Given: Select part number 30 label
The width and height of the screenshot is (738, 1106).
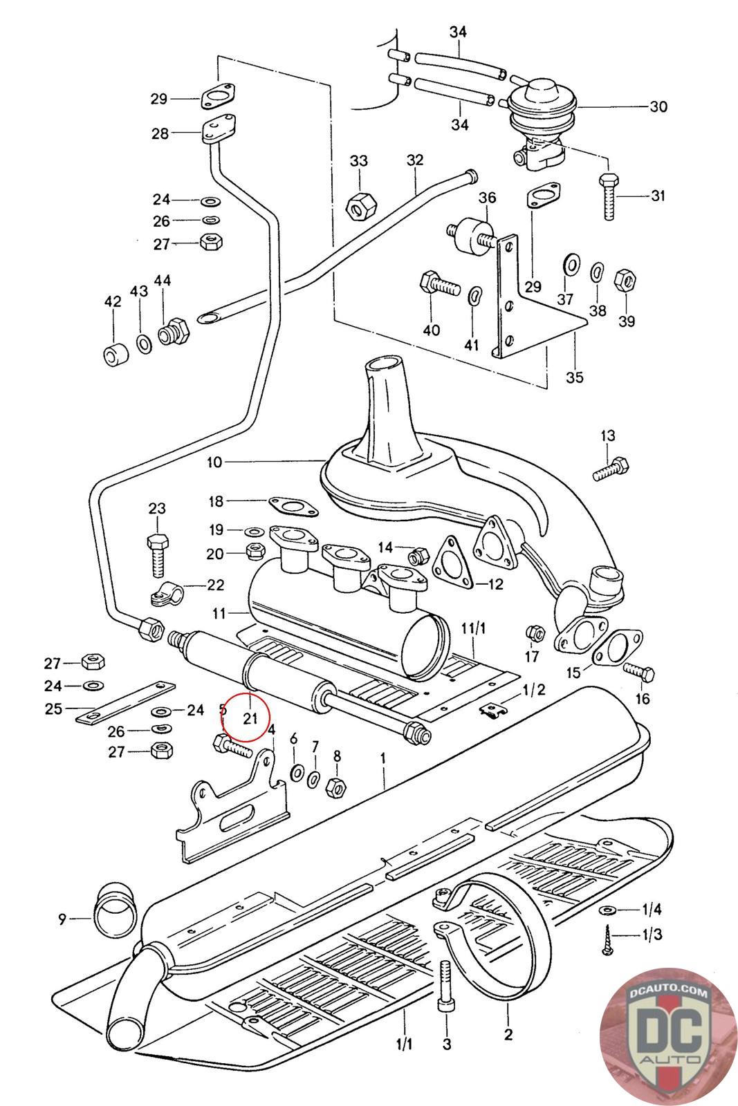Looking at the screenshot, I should click(x=658, y=106).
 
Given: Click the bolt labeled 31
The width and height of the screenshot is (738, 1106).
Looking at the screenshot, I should click(x=608, y=198).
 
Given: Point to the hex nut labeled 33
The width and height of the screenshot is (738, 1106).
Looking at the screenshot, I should click(x=360, y=204).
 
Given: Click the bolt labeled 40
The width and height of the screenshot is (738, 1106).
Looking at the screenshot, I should click(x=439, y=284).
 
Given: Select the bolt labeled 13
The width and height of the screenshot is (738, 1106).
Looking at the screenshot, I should click(x=611, y=469).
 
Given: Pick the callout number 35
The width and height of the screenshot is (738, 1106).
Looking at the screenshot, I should click(x=574, y=377).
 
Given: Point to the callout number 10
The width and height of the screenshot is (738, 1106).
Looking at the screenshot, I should click(x=214, y=462).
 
